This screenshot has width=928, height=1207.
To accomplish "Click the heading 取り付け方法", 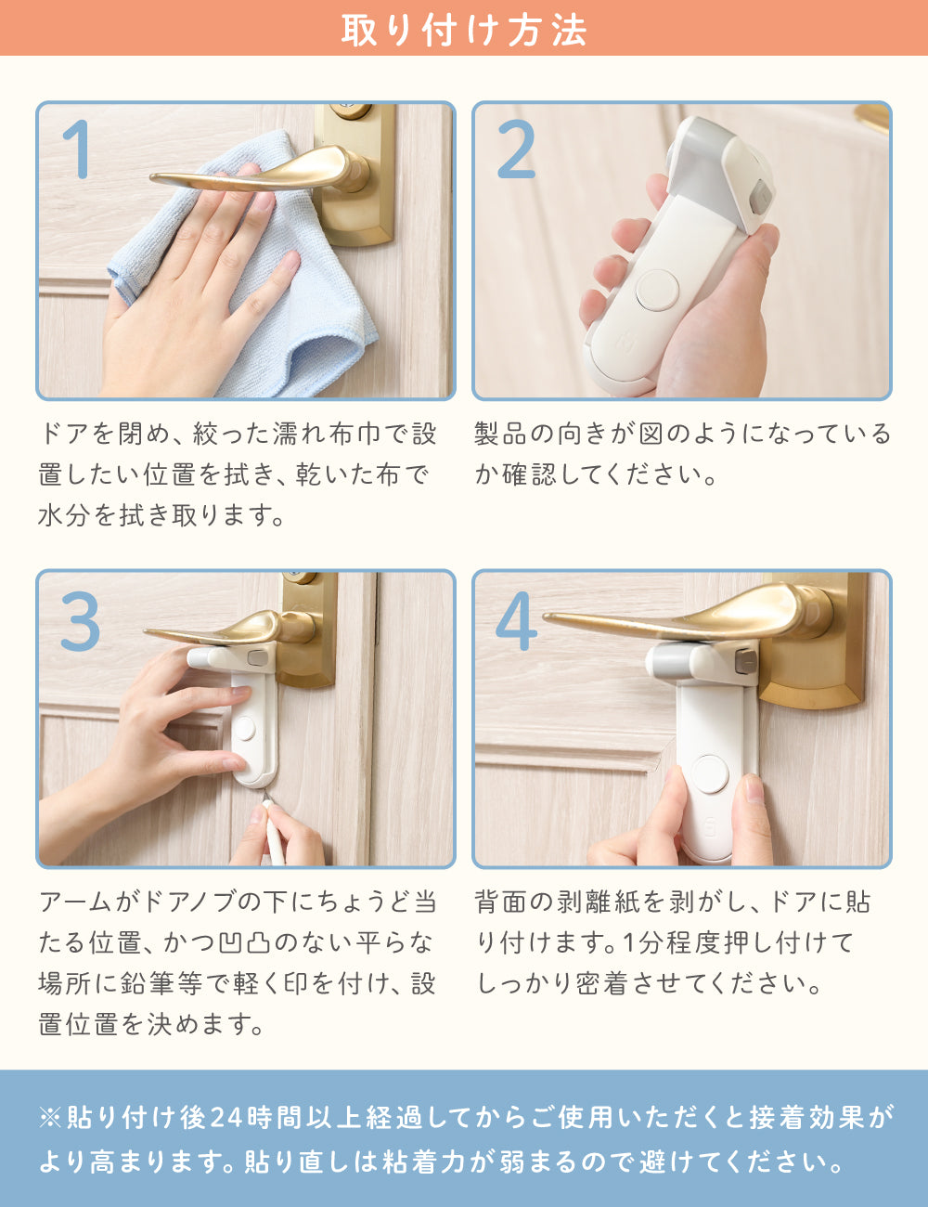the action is tap(464, 29).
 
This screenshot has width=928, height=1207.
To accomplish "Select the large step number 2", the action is tap(516, 149).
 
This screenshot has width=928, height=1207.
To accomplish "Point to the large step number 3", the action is tap(81, 620).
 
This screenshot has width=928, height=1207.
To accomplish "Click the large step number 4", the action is tap(516, 620).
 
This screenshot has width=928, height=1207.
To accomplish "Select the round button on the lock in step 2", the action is tap(657, 290).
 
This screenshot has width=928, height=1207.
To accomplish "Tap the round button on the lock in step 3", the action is tap(245, 728).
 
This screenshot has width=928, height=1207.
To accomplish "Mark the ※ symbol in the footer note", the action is tap(50, 1118).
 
